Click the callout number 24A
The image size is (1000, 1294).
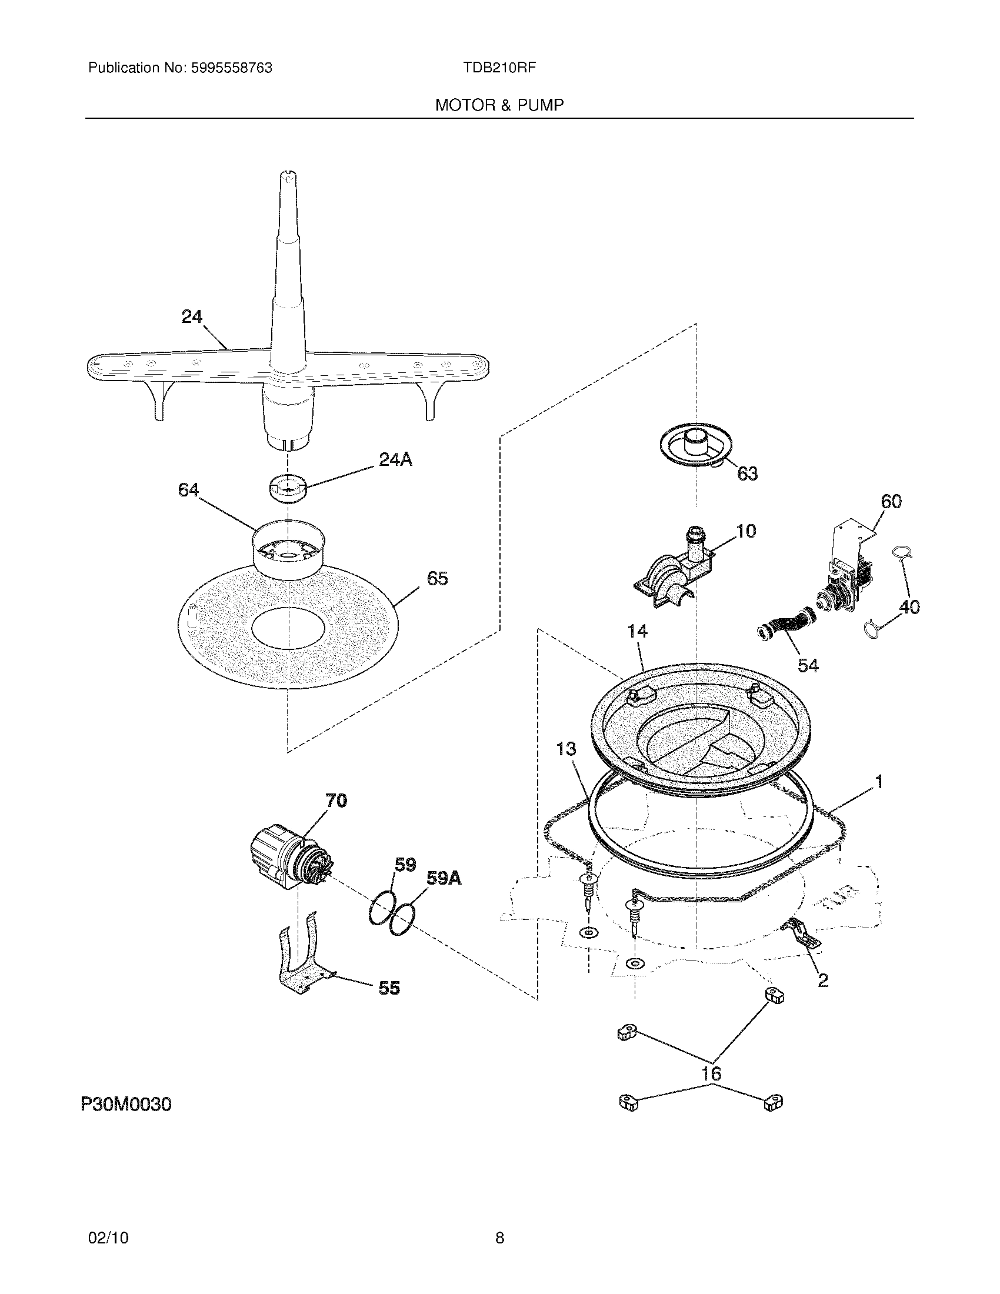click(x=395, y=459)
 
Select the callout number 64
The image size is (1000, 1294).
click(x=188, y=490)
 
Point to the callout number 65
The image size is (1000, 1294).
click(x=437, y=578)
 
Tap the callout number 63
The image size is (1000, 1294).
click(x=747, y=473)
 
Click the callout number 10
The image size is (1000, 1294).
click(x=746, y=531)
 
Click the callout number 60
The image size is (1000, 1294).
click(x=891, y=502)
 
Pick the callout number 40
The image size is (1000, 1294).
click(x=909, y=607)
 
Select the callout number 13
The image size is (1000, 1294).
click(x=566, y=749)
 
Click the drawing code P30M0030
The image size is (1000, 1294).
click(x=126, y=1105)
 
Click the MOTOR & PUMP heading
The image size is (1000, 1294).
click(x=499, y=105)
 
